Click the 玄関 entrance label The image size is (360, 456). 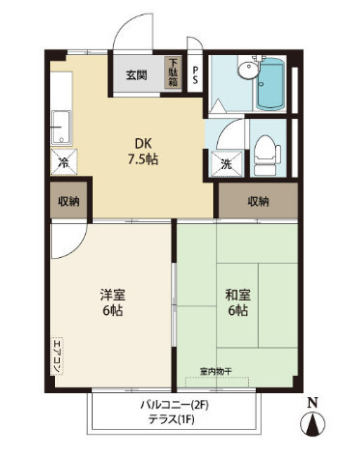pyautogui.click(x=136, y=75)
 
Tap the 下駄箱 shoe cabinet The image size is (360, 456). pyautogui.click(x=174, y=72)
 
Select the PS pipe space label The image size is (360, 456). pyautogui.click(x=195, y=75)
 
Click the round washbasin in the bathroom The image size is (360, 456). pyautogui.click(x=248, y=70)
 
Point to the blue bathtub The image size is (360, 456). pyautogui.click(x=270, y=84)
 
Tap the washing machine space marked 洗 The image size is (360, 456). pyautogui.click(x=227, y=164)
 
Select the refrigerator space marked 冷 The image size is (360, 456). pyautogui.click(x=64, y=162)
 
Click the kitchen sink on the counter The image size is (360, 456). pyautogui.click(x=61, y=128)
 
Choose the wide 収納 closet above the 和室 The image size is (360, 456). pyautogui.click(x=258, y=201)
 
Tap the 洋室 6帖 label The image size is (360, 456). pyautogui.click(x=112, y=302)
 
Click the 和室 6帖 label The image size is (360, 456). pyautogui.click(x=237, y=302)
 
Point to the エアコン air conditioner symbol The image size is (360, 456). pyautogui.click(x=58, y=356)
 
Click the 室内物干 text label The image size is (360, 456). pyautogui.click(x=215, y=371)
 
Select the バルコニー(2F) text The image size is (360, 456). pyautogui.click(x=175, y=405)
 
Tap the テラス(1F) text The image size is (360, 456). pyautogui.click(x=171, y=419)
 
